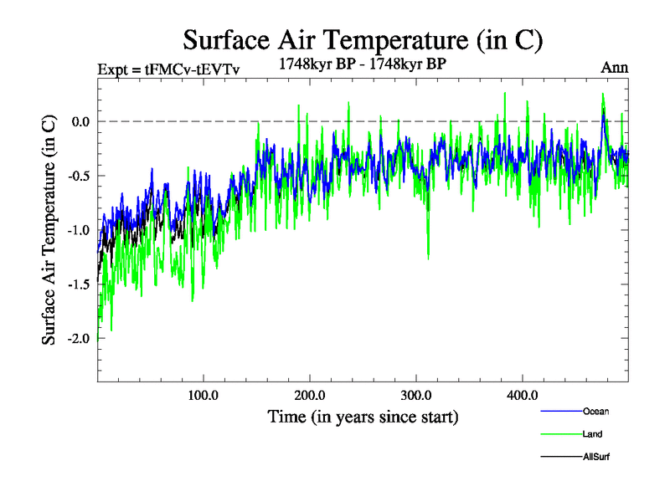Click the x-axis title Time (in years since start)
363,416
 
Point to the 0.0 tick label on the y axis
80,121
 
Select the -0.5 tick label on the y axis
77,176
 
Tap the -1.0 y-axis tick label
77,230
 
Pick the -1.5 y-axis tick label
77,284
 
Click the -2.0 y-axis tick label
77,338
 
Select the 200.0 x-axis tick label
310,395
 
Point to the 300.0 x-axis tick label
416,395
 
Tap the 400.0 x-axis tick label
523,395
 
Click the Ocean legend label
595,411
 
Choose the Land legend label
593,434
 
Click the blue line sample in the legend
561,412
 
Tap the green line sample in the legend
561,434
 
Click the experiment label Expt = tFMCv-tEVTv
168,69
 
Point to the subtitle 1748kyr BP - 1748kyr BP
363,62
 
